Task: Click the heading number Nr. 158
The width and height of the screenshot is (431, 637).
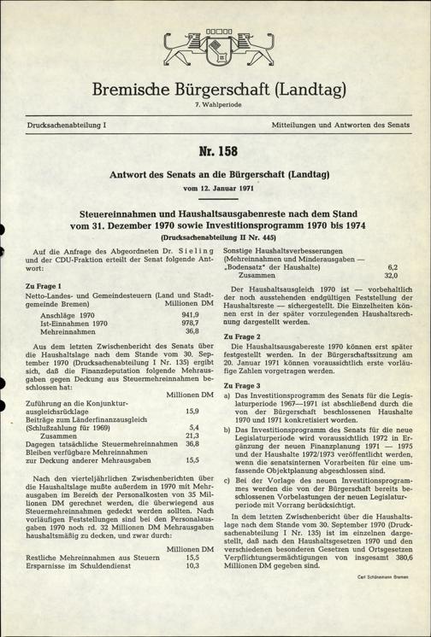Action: (x=215, y=158)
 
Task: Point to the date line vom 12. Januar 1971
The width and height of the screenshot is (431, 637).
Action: (x=215, y=186)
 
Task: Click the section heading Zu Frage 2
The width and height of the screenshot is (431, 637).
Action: (x=242, y=337)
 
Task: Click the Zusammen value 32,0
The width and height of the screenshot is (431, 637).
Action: (x=390, y=276)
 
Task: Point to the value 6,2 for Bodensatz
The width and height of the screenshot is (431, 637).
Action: (x=393, y=266)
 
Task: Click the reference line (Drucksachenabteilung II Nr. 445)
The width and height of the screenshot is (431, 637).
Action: (x=215, y=232)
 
